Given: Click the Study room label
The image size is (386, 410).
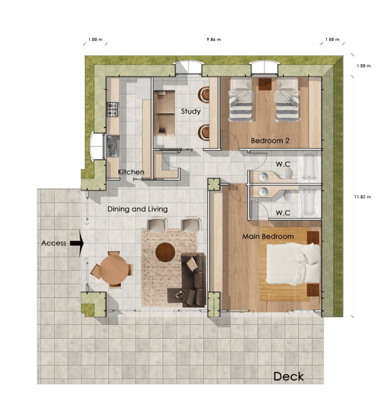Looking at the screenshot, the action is tap(191, 111).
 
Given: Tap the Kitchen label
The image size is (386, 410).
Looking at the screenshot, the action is tap(131, 172).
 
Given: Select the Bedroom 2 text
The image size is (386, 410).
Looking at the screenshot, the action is tap(270, 141).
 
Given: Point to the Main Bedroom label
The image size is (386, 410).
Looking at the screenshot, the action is tap(268, 236).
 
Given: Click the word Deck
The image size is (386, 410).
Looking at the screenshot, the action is tap(289, 377).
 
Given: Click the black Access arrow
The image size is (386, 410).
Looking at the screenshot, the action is tap(77, 243).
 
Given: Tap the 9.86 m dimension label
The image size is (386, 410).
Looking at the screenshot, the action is tap(214, 39).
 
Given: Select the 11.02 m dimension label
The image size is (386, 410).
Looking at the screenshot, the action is tap(362, 197).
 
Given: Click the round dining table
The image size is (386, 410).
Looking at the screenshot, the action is tap(115, 269).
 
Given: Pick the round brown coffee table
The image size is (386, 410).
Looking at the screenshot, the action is tap(165, 252).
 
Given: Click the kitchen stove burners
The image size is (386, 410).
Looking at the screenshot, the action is tap(113, 109).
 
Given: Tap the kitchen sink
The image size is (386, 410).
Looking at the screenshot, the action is tap(113, 146).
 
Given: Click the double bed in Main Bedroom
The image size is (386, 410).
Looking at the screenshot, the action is tap(293, 264).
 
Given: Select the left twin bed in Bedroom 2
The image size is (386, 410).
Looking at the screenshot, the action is tap(241, 100).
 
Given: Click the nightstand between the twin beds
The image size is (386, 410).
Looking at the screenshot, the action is tap(265, 84).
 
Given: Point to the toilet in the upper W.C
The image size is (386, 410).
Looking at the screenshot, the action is tap(288, 173).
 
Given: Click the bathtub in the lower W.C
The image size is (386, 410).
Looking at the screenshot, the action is tap(309, 202).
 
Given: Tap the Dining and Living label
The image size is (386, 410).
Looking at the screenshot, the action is tap(138, 209).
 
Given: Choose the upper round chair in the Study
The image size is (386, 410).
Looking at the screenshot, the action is tap(204, 94).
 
